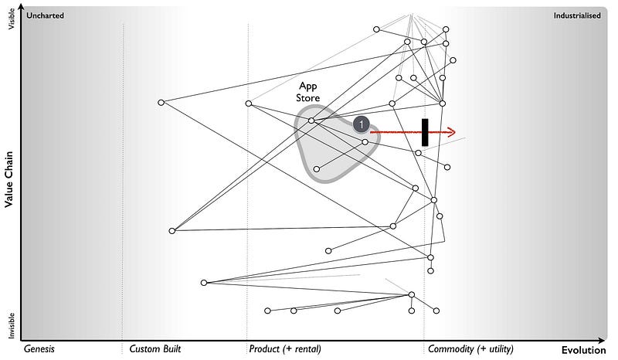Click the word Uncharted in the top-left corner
(x=46, y=15)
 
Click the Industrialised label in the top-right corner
(x=576, y=15)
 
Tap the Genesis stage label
(x=39, y=349)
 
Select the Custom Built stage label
(x=155, y=349)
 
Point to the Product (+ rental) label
(x=285, y=349)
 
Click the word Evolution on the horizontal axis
(x=584, y=349)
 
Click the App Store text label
(x=309, y=93)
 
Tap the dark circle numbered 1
(x=361, y=124)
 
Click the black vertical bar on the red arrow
(x=425, y=132)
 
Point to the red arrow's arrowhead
(x=453, y=132)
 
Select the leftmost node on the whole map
(x=161, y=103)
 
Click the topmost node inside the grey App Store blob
(x=311, y=121)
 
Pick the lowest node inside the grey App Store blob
(x=316, y=169)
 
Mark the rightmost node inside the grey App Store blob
(x=365, y=142)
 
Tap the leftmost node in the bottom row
(x=267, y=311)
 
